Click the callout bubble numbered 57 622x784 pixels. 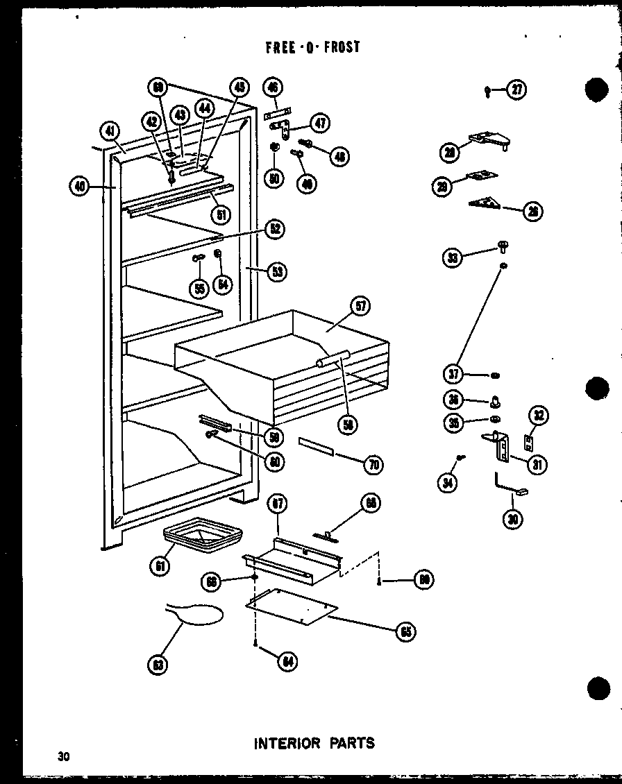click(x=361, y=306)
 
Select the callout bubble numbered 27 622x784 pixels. click(x=516, y=90)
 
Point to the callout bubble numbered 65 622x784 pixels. click(x=406, y=631)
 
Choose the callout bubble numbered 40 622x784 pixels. click(x=80, y=186)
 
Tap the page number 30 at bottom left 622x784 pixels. click(x=65, y=756)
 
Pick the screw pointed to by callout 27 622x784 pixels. click(x=487, y=89)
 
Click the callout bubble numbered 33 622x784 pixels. click(x=452, y=258)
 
